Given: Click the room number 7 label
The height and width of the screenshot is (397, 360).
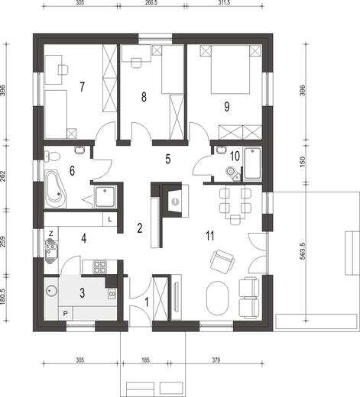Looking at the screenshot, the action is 82,87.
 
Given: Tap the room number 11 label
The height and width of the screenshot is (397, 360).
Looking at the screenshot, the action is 209,236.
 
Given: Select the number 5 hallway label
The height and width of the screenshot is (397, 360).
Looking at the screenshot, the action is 167,159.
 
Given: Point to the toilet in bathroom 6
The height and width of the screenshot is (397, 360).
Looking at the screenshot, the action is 52,156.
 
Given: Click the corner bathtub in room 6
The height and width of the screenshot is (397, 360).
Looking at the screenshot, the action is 55,189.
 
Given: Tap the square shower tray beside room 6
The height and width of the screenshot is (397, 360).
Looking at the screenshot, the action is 105,197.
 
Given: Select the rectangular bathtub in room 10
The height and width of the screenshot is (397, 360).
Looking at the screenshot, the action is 252,163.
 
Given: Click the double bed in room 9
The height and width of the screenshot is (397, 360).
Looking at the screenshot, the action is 231,69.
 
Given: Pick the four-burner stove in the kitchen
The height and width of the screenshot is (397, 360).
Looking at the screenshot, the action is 99,267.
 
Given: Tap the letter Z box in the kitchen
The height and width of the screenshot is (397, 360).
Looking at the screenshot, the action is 51,234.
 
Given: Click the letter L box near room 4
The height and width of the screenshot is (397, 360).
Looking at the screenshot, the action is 110,219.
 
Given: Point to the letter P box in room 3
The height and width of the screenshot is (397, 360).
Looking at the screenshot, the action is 66,314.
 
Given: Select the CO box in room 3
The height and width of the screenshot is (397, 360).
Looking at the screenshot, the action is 112,294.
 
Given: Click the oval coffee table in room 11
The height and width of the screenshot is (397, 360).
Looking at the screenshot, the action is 217,298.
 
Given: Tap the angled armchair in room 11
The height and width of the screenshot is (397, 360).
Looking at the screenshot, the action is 222,262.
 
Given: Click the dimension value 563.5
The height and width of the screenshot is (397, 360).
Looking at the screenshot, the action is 303,250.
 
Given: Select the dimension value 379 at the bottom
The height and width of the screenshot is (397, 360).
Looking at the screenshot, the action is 216,360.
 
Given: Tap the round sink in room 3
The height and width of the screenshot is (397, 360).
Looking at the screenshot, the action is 51,291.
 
